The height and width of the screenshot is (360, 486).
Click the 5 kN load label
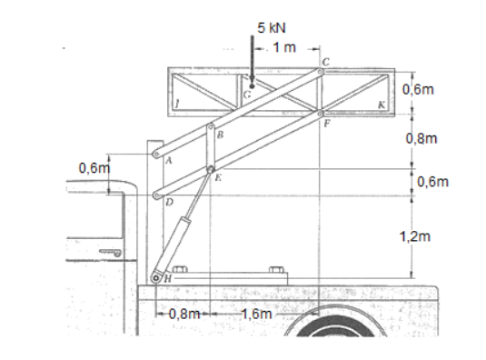click(x=272, y=28)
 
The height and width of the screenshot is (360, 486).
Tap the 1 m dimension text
click(x=284, y=47)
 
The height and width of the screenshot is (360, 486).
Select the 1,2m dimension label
click(x=415, y=236)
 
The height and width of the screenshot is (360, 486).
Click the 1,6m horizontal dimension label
click(x=257, y=315)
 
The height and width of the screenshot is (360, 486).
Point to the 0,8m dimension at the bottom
click(x=184, y=315)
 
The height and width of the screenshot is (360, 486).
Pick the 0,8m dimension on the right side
click(x=422, y=138)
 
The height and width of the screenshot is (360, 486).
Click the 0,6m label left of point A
click(x=94, y=168)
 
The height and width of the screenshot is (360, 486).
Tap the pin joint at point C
click(x=321, y=72)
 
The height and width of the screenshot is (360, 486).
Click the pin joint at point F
click(x=321, y=113)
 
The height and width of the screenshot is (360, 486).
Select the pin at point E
click(x=211, y=169)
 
